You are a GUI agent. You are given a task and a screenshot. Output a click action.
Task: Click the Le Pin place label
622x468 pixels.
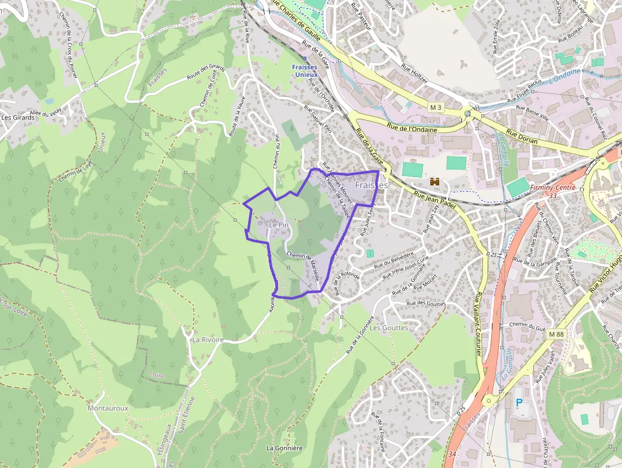[x=279, y=225]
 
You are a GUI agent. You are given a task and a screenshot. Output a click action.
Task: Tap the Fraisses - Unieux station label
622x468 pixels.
[x=308, y=70]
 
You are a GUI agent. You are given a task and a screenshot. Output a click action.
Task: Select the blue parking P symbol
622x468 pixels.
[x=519, y=403]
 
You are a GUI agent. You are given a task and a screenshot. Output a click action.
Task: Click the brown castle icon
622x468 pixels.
[x=435, y=182]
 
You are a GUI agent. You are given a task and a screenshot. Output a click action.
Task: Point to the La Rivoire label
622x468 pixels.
[x=208, y=340]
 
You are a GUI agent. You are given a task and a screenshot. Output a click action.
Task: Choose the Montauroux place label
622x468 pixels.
[x=108, y=408]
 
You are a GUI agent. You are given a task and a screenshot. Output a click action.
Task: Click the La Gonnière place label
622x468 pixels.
[x=284, y=448]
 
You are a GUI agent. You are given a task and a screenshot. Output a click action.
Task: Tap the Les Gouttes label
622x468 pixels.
[x=388, y=328]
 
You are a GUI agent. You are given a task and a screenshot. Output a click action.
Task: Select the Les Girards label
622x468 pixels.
[x=17, y=117]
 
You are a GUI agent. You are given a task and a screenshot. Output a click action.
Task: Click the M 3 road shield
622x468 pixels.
[x=435, y=107]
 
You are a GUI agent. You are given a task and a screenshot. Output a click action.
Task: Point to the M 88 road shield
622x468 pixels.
[x=556, y=334]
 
